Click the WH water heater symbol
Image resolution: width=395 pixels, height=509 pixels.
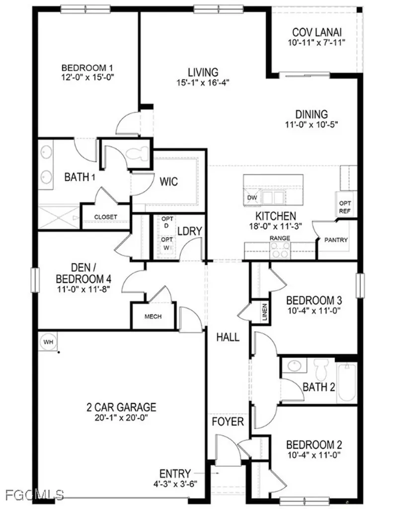tap(48, 342)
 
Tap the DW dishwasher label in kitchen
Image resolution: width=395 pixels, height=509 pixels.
tap(251, 197)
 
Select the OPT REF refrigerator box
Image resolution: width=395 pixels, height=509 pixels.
tap(344, 207)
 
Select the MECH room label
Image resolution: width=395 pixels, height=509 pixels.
tap(153, 316)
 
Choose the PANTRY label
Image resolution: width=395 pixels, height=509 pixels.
tap(336, 240)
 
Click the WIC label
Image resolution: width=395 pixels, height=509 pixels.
tap(168, 181)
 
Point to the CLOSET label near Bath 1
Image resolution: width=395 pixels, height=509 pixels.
tap(105, 217)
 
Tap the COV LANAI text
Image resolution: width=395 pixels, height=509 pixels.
tap(316, 33)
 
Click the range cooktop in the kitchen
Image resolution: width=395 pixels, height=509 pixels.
tap(280, 251)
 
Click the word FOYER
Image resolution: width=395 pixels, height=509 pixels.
tap(228, 422)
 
